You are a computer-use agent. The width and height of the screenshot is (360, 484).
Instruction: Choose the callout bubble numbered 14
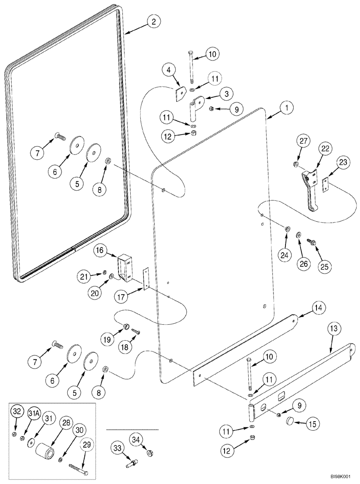pos(306,307)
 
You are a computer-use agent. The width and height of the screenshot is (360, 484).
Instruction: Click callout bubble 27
pos(302,141)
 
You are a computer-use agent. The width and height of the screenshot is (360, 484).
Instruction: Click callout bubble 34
pos(138,440)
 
